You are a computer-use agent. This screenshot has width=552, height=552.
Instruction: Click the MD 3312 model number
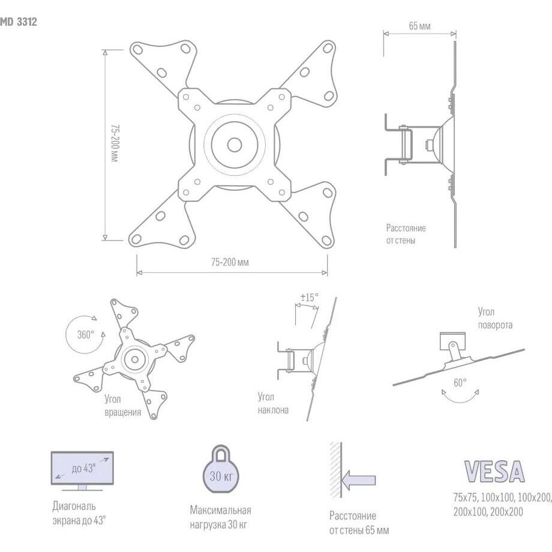(19, 22)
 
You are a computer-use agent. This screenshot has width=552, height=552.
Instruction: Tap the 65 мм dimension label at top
(419, 26)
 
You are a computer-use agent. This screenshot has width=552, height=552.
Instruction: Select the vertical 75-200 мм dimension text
(115, 143)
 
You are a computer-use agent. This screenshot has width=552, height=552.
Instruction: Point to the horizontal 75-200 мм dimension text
(230, 262)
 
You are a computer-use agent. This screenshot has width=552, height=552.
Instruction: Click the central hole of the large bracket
(234, 145)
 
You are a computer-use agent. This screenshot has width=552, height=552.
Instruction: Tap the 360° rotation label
(86, 334)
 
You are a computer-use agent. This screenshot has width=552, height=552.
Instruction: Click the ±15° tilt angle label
(309, 298)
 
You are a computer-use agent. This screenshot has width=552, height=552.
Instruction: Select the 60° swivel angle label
(460, 382)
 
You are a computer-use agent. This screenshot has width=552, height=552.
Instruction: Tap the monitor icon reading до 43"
(82, 470)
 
